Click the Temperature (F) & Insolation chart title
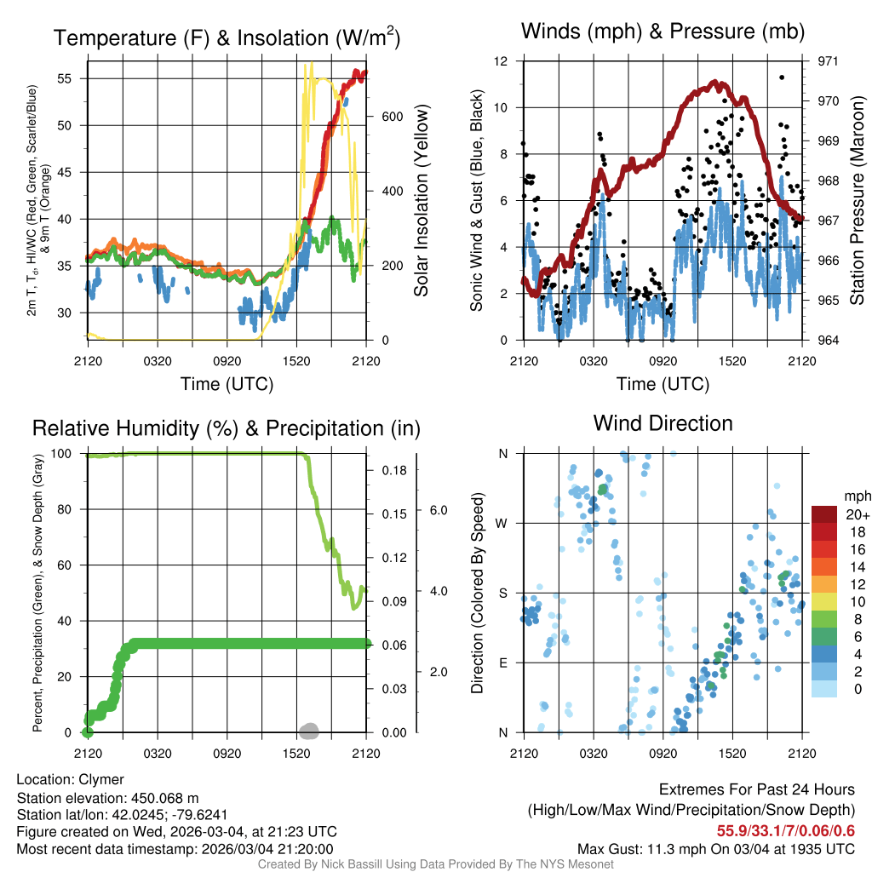[227, 38]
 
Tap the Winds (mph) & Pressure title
[663, 32]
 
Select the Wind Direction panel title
[663, 423]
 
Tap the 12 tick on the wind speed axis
[502, 61]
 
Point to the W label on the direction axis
[502, 523]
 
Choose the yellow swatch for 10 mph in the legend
[825, 601]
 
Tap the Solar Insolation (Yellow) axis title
[422, 201]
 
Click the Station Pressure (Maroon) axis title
[858, 201]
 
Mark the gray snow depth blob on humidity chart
[309, 730]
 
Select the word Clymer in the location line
[101, 779]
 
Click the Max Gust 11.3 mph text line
[716, 848]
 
